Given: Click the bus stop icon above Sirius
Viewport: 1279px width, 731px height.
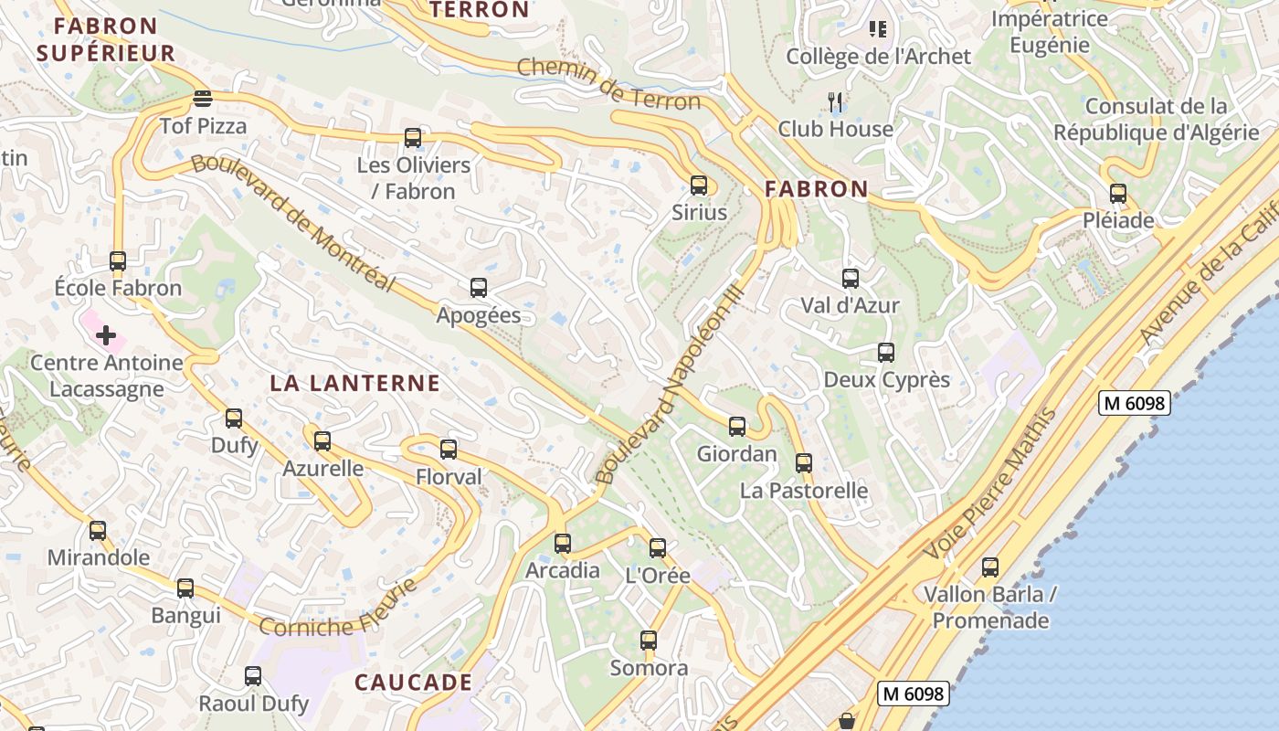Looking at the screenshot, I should point(699,185).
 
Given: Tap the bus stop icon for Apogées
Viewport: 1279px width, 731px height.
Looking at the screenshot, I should point(479,289).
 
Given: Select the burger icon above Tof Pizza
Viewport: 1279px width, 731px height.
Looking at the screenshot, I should point(203,99).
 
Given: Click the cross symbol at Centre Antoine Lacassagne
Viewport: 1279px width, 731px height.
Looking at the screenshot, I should point(106,335).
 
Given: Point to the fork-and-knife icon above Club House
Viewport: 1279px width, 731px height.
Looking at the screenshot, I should point(834,101).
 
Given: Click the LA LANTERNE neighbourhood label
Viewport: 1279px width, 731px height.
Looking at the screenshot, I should point(354,383).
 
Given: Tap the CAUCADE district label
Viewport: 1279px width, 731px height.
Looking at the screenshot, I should point(413,683).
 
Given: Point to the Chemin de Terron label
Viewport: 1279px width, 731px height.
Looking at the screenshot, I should point(608,83).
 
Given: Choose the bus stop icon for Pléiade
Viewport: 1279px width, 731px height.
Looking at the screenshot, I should point(1118,194).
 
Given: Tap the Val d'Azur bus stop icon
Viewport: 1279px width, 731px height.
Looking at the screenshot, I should point(851,279).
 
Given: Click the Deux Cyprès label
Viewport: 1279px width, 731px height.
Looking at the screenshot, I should point(886,380).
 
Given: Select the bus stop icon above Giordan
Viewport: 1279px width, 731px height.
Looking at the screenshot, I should point(737,427).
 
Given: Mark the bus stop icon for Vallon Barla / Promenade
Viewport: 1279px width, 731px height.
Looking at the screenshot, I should point(990,567).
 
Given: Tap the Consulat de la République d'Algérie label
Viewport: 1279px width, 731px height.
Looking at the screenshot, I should point(1156,120).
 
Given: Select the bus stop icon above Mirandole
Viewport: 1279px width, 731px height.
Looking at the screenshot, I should point(98,531).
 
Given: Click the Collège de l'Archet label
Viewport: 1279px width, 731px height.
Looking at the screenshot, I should point(878,57).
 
